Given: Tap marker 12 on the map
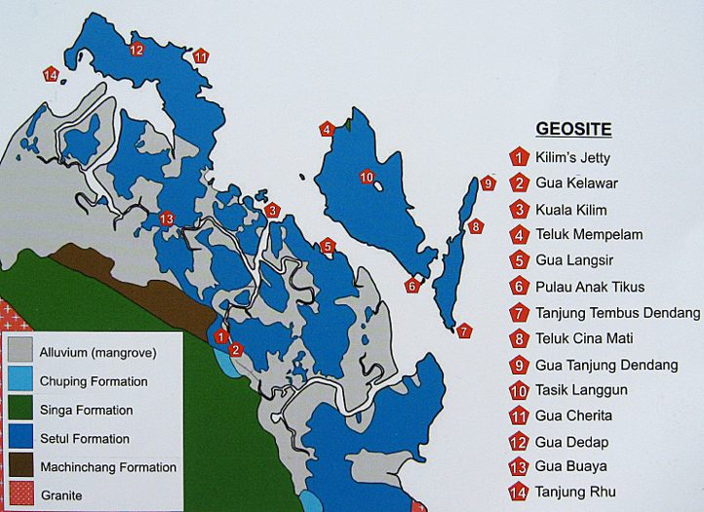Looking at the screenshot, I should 136,49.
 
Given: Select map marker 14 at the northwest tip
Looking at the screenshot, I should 51,74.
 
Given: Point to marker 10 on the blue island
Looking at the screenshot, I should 367,177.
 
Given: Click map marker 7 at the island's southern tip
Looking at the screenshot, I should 464,331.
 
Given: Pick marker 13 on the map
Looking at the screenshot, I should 166,218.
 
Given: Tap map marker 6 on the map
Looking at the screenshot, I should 412,285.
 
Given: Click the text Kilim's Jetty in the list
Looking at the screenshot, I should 572,157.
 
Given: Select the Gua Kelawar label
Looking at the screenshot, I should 576,182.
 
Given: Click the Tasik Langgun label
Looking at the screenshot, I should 584,391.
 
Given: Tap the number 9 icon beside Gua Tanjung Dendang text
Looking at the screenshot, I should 518,366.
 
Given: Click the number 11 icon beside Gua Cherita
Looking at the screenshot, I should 518,417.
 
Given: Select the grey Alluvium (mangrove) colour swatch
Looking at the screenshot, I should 20,352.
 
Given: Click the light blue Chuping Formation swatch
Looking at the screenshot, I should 20,381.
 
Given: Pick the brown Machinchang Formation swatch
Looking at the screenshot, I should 20,466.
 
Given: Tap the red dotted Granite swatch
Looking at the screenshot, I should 20,494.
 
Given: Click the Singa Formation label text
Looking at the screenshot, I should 87,411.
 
